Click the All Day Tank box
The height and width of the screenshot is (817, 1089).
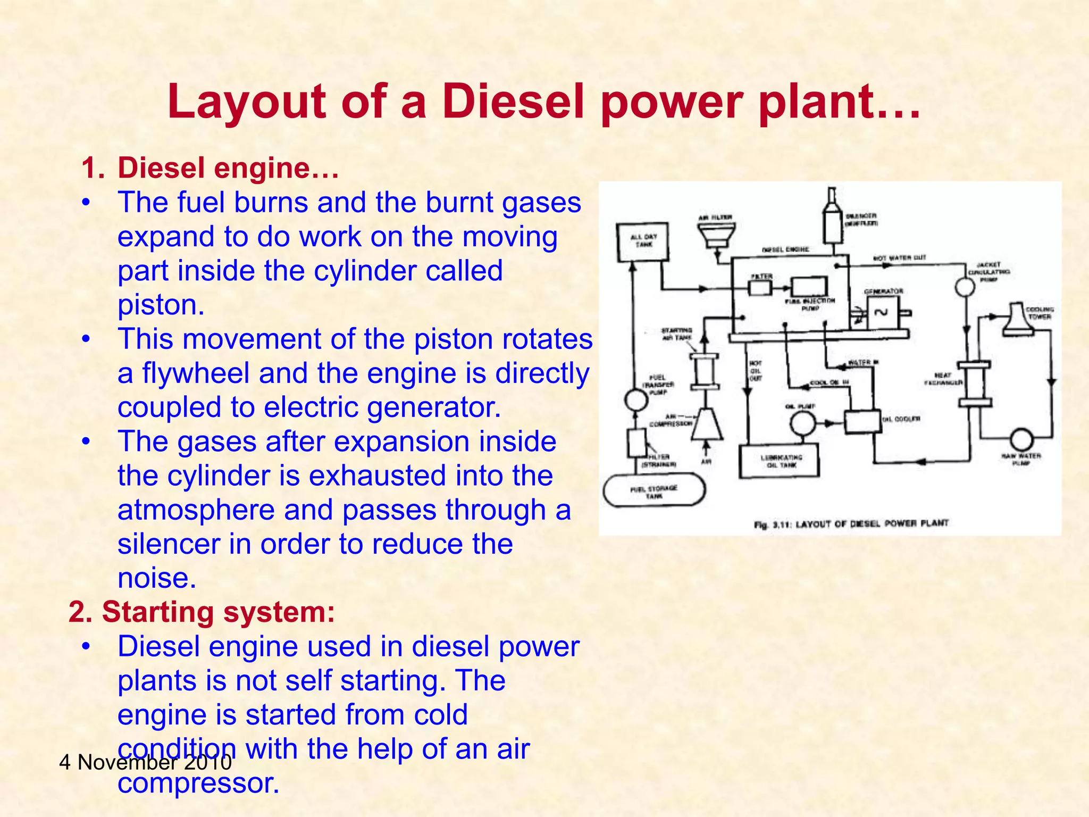coord(642,242)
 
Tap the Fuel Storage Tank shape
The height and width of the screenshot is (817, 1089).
coord(654,490)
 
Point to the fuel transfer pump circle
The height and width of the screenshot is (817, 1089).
coord(635,399)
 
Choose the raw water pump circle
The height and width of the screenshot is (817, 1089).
coord(1021,440)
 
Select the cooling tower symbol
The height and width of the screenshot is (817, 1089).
coord(1017,320)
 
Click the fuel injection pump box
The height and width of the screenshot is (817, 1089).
coord(809,287)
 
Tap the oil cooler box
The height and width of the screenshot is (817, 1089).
coord(862,421)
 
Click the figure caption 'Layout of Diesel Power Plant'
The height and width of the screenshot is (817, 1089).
coord(851,523)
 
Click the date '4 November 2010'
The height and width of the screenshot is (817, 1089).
coord(145,763)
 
